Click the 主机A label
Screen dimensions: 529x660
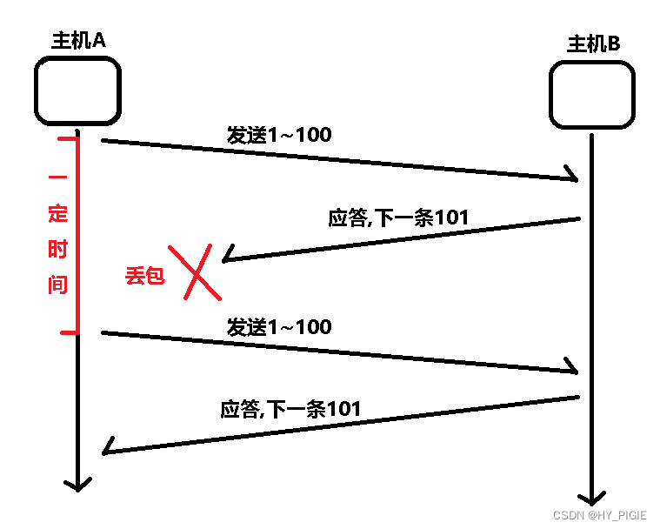[x=78, y=41]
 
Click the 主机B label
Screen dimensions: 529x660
[x=594, y=44]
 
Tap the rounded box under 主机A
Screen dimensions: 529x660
[x=77, y=90]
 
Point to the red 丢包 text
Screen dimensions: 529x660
[x=143, y=278]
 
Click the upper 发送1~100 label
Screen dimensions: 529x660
[x=279, y=135]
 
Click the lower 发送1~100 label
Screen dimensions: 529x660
[x=279, y=327]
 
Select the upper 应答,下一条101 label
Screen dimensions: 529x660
[x=398, y=218]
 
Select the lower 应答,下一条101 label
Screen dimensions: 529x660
[x=290, y=408]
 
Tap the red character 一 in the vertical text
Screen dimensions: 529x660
[x=57, y=177]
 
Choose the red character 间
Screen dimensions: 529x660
[x=57, y=285]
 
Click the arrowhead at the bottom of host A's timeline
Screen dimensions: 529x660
[x=77, y=483]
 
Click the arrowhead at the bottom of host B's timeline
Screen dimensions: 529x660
[x=591, y=498]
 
